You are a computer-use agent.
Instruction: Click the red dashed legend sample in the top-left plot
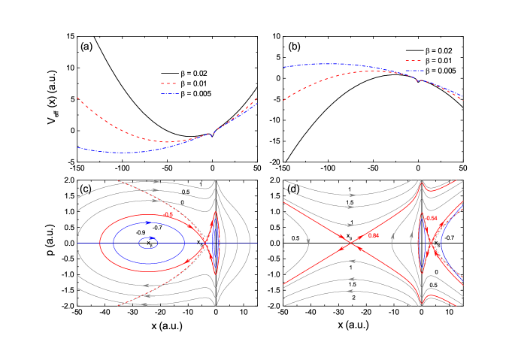168,83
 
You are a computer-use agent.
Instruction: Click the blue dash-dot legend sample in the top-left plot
168,94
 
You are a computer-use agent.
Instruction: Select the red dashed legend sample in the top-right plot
413,60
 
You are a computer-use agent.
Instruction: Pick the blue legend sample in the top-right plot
413,71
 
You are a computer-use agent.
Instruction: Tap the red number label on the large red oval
168,215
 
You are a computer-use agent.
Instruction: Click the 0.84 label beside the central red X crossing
374,235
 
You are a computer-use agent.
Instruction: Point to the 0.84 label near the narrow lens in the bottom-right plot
432,218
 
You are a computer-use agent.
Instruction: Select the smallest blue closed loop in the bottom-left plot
148,242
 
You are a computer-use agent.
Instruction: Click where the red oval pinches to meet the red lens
202,243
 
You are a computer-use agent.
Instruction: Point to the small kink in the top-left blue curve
212,135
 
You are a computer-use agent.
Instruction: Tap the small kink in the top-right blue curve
417,80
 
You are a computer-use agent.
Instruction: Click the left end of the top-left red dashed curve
77,98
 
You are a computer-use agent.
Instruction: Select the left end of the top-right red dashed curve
284,100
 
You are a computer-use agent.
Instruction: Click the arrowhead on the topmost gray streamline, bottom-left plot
156,181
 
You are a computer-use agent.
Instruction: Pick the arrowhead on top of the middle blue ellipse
147,223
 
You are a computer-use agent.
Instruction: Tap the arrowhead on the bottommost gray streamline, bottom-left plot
146,295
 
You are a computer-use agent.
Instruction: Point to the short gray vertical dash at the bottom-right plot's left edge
283,243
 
